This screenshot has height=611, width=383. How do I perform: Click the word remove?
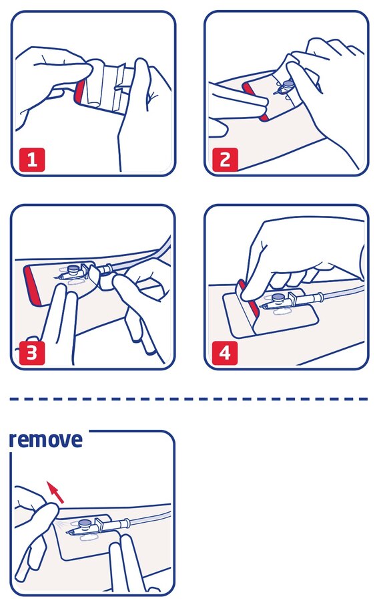tap(46, 440)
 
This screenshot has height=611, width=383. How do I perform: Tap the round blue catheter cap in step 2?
tap(288, 85)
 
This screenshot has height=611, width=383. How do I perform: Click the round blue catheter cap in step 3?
tap(72, 269)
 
